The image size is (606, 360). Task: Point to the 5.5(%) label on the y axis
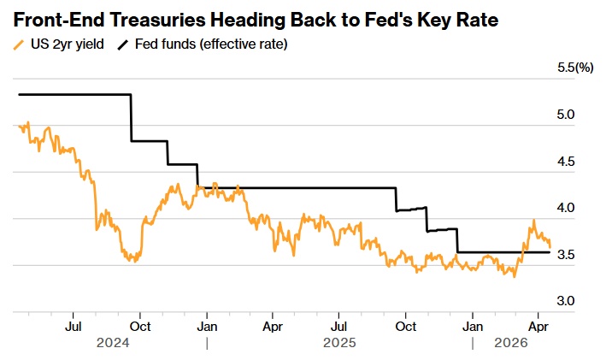click(x=575, y=67)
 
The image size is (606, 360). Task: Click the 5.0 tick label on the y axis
click(x=566, y=115)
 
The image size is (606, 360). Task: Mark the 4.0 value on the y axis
click(x=566, y=208)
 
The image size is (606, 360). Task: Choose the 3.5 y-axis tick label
click(x=566, y=255)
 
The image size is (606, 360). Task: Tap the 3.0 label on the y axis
click(x=566, y=301)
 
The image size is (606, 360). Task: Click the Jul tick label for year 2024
click(x=74, y=326)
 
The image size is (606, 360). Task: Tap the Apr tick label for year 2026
click(x=538, y=326)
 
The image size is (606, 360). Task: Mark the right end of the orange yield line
click(x=550, y=247)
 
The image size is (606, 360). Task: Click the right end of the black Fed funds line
click(x=550, y=252)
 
